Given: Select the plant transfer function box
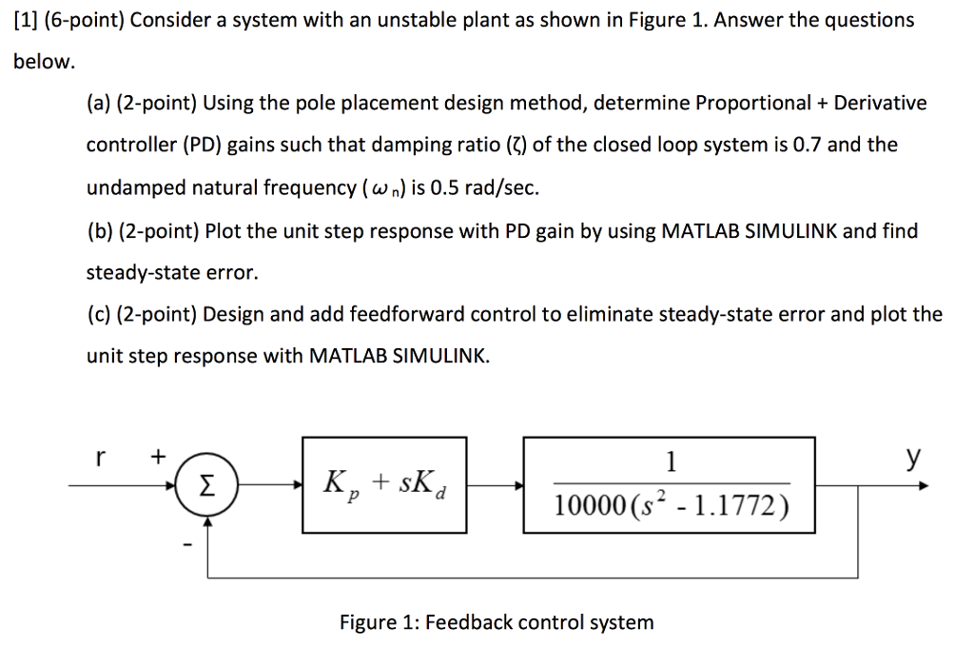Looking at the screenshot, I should point(670,485).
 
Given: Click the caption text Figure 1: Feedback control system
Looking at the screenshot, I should point(497,622).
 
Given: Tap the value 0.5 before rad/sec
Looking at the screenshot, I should point(449,187).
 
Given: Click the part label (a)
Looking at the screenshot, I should point(100,103).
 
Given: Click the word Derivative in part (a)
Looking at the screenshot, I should point(882,103).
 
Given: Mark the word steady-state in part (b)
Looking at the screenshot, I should point(144,272).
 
